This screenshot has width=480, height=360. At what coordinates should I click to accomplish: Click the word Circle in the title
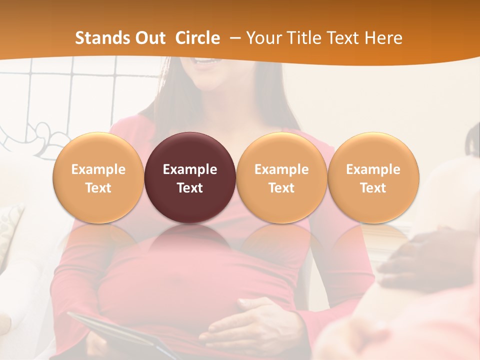197,38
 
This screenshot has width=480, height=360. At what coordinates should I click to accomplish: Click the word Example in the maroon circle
190,169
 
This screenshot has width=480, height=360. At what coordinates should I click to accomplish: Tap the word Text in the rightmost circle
373,188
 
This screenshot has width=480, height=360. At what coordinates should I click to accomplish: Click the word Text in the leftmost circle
98,188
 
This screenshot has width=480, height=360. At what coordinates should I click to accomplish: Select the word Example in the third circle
281,169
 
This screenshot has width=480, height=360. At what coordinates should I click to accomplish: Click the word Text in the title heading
344,38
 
